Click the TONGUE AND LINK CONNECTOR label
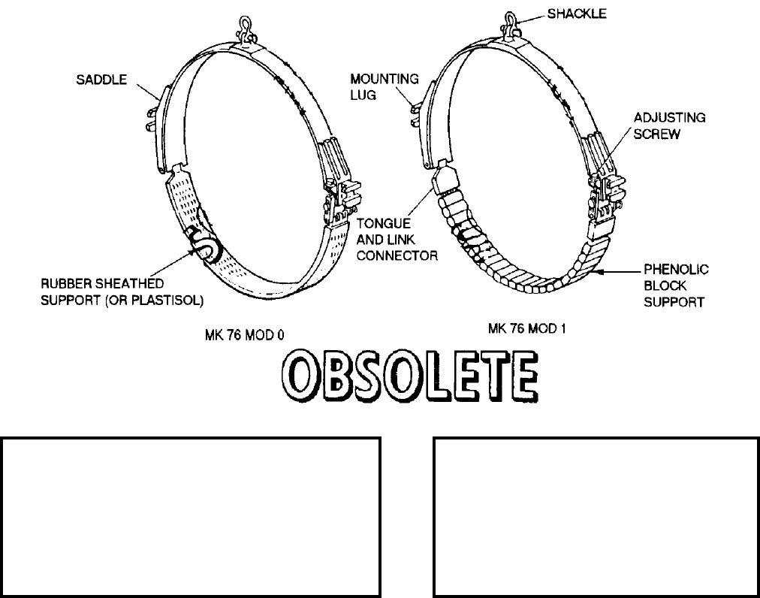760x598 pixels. (397, 240)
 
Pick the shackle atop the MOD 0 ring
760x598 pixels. (245, 29)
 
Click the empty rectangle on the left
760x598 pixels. (191, 515)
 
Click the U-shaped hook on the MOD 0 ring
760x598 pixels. (204, 244)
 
